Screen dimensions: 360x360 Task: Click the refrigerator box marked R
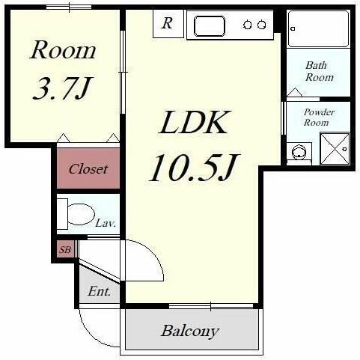168,24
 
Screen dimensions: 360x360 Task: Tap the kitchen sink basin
210,26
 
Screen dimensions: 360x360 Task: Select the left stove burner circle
248,25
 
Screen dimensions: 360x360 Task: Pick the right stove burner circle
261,25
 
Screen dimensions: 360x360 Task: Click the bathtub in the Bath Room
319,28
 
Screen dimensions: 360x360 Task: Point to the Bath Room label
320,71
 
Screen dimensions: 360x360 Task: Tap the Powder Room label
319,118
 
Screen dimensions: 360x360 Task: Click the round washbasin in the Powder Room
299,152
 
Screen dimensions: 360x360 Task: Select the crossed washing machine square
335,149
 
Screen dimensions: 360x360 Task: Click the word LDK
194,122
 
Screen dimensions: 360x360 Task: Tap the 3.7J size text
62,88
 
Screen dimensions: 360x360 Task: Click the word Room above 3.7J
63,50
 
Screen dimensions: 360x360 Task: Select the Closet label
88,169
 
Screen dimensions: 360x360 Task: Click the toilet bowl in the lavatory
81,214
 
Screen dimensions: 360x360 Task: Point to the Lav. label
106,223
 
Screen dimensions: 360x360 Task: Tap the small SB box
65,249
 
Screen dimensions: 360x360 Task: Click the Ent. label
100,291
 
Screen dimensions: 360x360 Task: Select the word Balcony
190,332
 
